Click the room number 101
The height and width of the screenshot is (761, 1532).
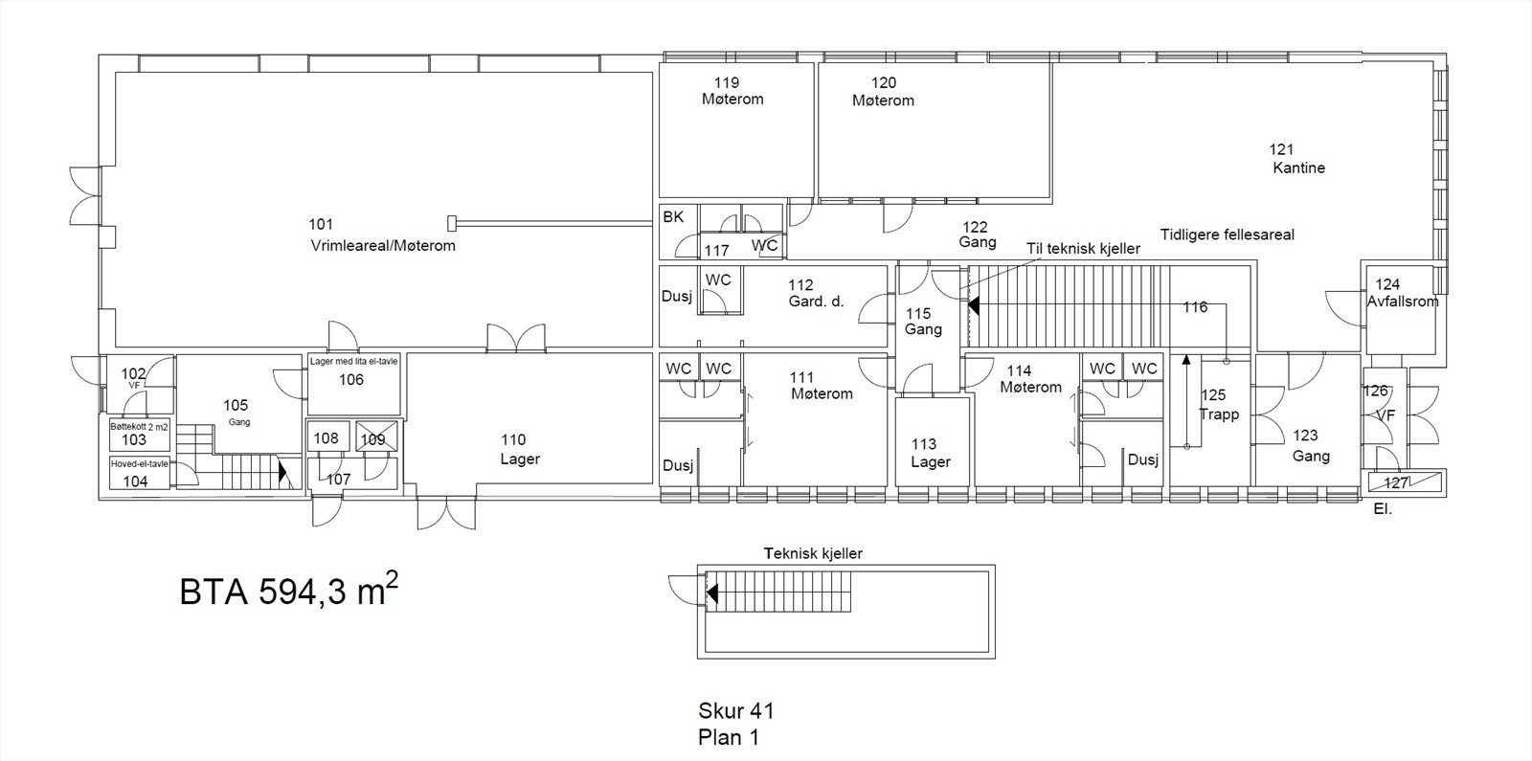321,224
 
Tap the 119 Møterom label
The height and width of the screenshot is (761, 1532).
732,91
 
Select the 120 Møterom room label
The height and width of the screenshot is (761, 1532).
883,92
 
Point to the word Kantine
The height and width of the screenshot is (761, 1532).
1298,168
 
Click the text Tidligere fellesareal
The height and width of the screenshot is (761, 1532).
1227,235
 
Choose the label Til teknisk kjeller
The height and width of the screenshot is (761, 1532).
1083,249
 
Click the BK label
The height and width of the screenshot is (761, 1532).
673,216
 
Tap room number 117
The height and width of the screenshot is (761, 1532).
717,250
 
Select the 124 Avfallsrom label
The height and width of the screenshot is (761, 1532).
1402,293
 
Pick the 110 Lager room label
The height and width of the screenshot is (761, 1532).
520,449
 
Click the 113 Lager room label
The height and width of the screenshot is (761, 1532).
930,453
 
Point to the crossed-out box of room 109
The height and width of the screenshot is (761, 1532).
376,436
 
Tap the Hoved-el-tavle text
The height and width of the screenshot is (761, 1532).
140,463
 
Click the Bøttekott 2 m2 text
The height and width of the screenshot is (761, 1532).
139,427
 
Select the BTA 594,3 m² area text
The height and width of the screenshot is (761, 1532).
288,590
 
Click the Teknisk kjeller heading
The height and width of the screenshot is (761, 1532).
813,553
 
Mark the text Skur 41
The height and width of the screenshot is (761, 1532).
736,711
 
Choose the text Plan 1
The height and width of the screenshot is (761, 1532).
729,738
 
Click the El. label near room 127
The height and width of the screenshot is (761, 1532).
1383,509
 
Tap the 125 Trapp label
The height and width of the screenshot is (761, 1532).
1219,404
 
